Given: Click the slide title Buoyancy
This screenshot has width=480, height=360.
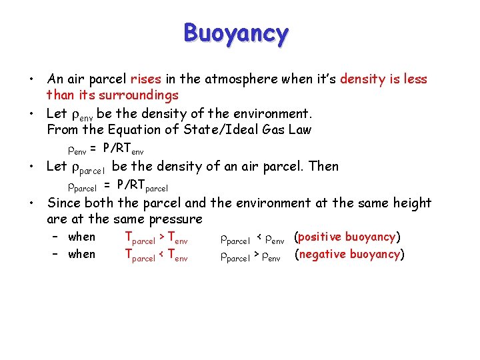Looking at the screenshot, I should click(236, 33).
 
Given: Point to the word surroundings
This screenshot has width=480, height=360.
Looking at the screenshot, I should click(135, 95).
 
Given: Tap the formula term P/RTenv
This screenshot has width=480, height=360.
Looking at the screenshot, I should click(122, 149).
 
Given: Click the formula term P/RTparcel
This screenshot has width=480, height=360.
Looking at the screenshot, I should click(142, 185).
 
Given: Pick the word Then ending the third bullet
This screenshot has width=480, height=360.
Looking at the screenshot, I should click(323, 166).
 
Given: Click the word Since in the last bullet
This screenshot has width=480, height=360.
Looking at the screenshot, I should click(63, 203).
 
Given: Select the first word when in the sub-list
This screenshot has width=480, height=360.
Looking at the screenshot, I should click(82, 237).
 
